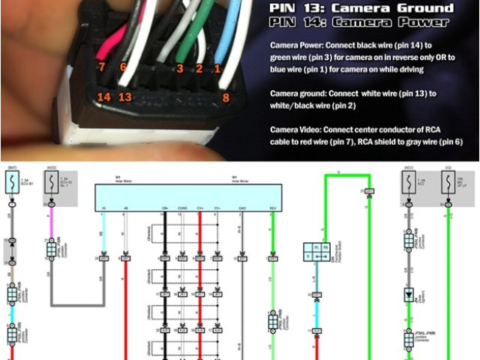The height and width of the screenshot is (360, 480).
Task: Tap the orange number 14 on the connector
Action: pos(103,97)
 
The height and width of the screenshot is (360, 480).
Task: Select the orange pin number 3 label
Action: pos(180,69)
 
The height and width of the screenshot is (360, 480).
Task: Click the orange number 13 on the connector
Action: pos(125,97)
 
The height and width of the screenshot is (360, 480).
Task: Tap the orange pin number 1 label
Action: pos(218,69)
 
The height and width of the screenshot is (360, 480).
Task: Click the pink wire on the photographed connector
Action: pos(108,41)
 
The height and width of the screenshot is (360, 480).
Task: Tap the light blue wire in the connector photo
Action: pos(225,30)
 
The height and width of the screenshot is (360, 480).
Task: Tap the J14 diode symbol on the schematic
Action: pos(409,295)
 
